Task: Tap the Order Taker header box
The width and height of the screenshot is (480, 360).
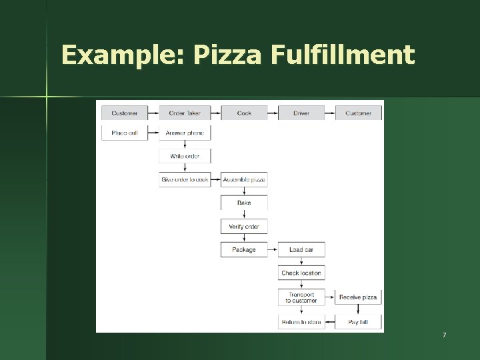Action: coord(185,113)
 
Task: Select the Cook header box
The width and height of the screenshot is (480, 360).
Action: coord(245,113)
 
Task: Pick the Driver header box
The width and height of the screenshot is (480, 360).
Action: coord(301,113)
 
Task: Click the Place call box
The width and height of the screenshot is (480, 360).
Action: coord(125,133)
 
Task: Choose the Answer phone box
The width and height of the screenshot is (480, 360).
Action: coord(185,133)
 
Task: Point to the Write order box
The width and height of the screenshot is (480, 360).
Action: coord(185,156)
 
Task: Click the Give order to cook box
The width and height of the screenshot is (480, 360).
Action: coord(185,179)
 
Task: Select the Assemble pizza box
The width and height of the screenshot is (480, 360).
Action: coord(245,179)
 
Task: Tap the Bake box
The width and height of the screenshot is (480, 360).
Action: coord(245,203)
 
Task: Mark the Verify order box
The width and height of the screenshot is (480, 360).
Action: coord(245,227)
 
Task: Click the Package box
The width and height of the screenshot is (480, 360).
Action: coord(245,250)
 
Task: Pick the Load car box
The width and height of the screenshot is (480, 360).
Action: coord(301,250)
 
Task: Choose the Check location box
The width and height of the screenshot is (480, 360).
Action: coord(301,273)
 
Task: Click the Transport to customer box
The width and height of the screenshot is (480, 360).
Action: coord(301,297)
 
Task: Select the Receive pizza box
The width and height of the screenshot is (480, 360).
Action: coord(358,297)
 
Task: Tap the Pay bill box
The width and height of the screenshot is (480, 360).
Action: coord(358,322)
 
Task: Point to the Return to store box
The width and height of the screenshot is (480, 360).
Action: coord(301,322)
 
